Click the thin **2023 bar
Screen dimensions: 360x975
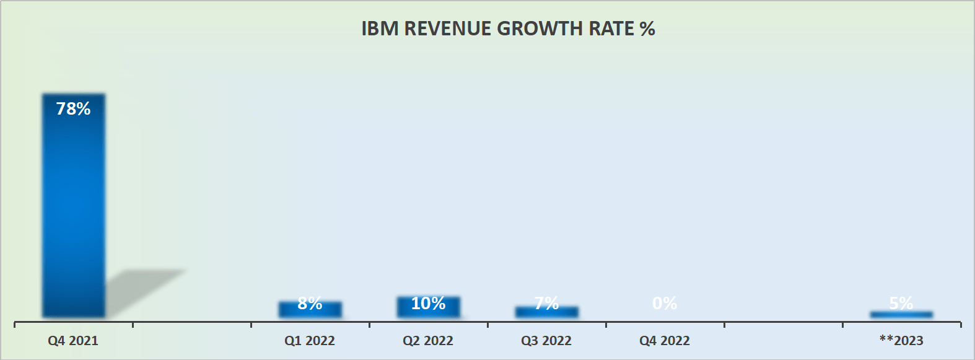point(901,315)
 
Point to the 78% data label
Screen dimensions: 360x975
point(73,109)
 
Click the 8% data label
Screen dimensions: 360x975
point(310,303)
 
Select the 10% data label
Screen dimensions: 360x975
point(428,303)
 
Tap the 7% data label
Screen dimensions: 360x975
point(546,303)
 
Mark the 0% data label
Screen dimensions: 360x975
point(665,303)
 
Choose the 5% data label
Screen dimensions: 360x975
point(901,303)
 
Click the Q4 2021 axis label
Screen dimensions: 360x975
point(73,341)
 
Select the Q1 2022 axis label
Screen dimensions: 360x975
point(310,341)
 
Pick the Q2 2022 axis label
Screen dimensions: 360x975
point(428,341)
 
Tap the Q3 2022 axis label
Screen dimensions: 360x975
point(546,341)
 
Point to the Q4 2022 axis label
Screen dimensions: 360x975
point(665,341)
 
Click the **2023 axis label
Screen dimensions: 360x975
point(901,341)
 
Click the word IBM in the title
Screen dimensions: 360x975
point(380,29)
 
